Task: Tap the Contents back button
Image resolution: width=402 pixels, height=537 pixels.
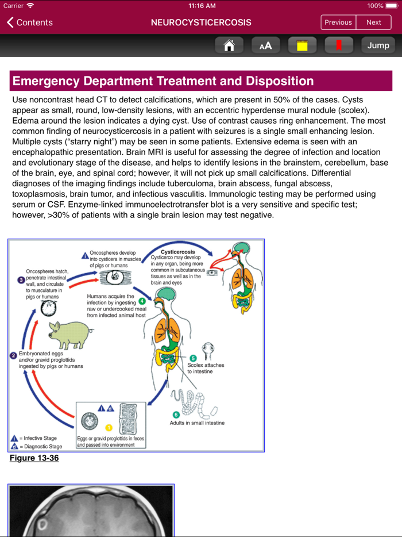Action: coord(30,22)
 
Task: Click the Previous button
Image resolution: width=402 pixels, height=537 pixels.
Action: coord(338,22)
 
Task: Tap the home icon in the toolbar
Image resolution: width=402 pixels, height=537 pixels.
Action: coord(229,45)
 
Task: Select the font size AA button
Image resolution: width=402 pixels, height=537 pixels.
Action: coord(265,45)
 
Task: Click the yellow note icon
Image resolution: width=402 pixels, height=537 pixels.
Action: coord(302,45)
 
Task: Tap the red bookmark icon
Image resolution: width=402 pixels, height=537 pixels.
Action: coord(339,45)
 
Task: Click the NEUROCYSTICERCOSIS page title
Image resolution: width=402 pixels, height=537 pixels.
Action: coord(200,22)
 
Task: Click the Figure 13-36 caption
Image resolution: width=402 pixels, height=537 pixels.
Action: coord(34,458)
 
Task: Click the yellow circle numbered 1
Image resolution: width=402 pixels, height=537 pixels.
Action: coord(109,428)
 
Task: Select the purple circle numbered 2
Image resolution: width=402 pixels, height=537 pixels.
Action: coord(13,356)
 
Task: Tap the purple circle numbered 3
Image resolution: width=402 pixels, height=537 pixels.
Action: coord(21,280)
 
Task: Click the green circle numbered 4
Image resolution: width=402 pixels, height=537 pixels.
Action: coord(141,301)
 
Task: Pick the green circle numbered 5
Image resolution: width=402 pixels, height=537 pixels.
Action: coord(193,358)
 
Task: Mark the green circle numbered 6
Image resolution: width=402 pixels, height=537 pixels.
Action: coord(176,415)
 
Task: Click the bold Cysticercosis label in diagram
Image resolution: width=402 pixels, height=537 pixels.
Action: coord(177,252)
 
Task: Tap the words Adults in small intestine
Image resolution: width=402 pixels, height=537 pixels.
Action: coord(197,423)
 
